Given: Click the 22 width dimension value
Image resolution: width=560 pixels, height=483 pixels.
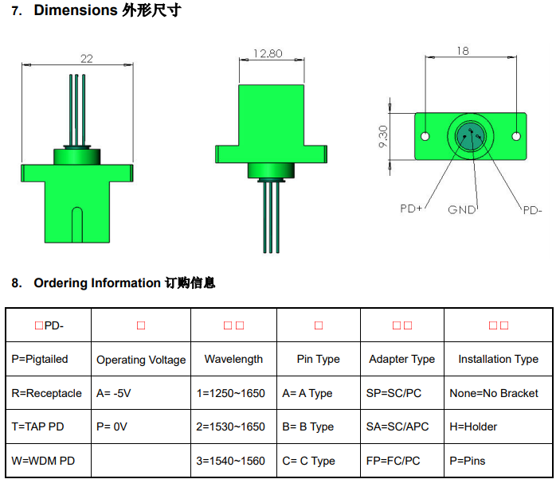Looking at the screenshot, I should click(x=87, y=58).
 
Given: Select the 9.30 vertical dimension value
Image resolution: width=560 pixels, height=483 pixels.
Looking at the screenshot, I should click(x=384, y=137).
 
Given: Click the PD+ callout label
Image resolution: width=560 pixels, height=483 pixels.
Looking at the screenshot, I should click(x=411, y=208).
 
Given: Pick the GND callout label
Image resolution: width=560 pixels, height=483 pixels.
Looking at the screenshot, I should click(x=462, y=210).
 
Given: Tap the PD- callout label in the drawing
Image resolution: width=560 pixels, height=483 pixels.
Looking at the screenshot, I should click(x=532, y=210).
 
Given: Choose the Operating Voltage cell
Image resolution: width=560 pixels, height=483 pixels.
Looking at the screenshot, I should click(x=141, y=360).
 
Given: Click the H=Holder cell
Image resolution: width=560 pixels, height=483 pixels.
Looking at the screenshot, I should click(x=473, y=427).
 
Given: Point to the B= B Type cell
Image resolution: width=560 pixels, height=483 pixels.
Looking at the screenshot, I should click(x=307, y=427).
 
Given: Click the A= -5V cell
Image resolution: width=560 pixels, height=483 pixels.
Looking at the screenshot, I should click(x=114, y=393).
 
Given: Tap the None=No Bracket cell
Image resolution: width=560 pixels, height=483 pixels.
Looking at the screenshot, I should click(x=494, y=393).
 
